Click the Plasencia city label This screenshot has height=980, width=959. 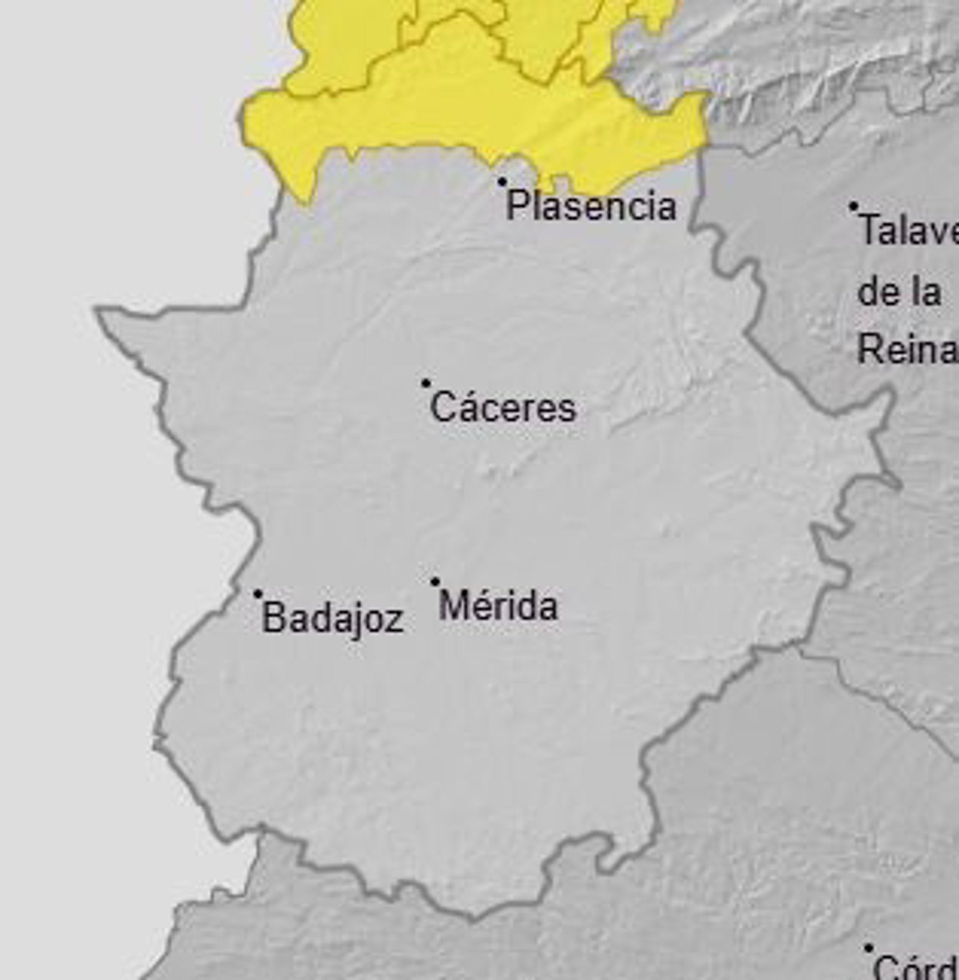(x=590, y=205)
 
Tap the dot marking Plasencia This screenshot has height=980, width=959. (x=501, y=181)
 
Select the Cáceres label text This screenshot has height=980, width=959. (x=502, y=408)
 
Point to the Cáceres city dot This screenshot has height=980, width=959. (x=426, y=383)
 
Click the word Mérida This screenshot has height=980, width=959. (x=498, y=606)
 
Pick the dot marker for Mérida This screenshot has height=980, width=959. (x=435, y=582)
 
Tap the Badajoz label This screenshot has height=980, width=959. (x=333, y=618)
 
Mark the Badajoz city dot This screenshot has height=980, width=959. (x=257, y=595)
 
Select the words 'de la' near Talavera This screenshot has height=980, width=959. (x=899, y=292)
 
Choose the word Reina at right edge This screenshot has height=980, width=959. (x=907, y=350)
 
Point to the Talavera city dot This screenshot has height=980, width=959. (x=853, y=206)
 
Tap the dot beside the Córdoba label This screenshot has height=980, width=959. (x=868, y=948)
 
